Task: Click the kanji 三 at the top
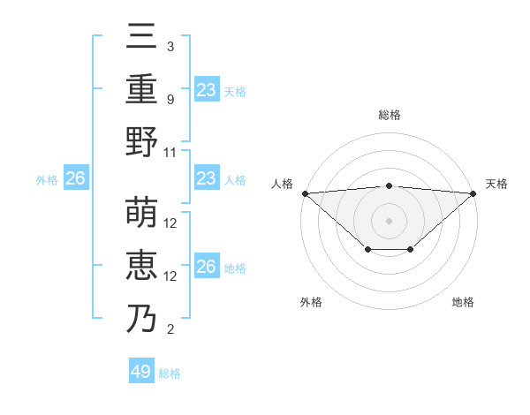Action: (141, 38)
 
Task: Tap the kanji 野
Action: (141, 141)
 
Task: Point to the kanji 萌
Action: (141, 213)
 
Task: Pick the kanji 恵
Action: (141, 265)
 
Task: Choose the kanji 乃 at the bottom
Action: (141, 318)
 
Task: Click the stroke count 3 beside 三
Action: (170, 46)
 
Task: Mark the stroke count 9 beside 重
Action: (170, 99)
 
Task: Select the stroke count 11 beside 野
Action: (170, 152)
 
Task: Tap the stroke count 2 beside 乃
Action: (170, 329)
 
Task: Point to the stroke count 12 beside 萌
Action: (171, 223)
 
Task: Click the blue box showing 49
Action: (141, 372)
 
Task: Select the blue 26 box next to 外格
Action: (75, 179)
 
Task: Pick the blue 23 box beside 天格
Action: (207, 89)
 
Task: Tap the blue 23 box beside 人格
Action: (207, 178)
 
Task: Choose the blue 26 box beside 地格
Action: (207, 267)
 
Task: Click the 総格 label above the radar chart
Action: (390, 115)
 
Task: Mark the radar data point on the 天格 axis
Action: (474, 193)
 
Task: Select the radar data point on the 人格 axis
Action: (305, 193)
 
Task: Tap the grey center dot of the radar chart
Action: (390, 220)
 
